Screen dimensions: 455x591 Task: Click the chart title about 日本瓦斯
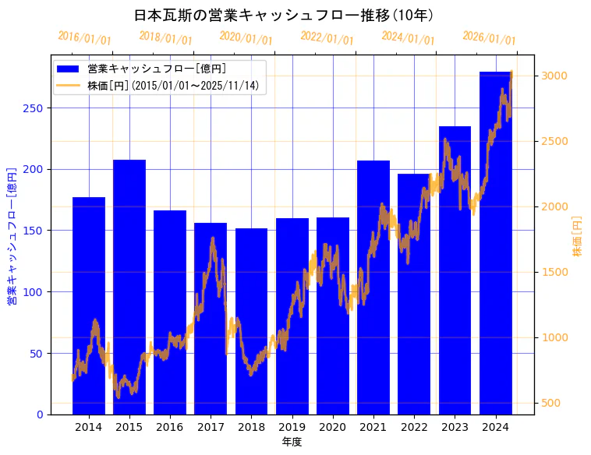click(284, 16)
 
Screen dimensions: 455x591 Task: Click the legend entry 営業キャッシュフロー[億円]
click(157, 69)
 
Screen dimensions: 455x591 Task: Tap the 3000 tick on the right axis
click(554, 76)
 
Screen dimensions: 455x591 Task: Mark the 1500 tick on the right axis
click(554, 272)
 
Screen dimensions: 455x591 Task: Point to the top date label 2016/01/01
click(85, 38)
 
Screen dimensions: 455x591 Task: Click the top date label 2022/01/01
click(327, 38)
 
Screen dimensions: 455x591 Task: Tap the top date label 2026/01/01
click(490, 38)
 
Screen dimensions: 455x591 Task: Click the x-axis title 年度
click(292, 442)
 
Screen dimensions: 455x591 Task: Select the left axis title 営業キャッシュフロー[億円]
click(12, 235)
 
